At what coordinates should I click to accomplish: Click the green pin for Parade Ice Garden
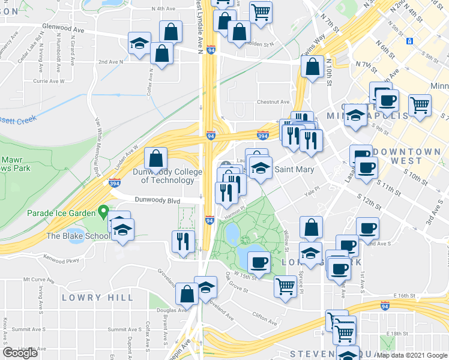(x=103, y=212)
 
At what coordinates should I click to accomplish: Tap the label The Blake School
(x=77, y=236)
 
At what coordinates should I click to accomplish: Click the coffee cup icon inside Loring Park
(x=259, y=262)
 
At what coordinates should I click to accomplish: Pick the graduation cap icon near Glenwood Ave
(x=139, y=44)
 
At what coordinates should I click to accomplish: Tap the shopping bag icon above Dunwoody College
(x=156, y=160)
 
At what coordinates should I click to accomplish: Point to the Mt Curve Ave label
(x=38, y=280)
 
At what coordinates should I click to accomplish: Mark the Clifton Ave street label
(x=264, y=316)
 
